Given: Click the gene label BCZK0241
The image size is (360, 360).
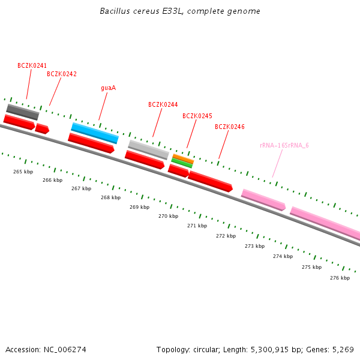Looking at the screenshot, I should pos(32,65).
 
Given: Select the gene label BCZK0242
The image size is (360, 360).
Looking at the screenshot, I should pos(62,74).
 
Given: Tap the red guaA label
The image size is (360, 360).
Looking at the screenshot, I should pos(108,88).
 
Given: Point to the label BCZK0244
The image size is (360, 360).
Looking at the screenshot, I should pos(163,104).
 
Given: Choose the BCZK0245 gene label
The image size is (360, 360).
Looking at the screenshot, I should pos(197,116).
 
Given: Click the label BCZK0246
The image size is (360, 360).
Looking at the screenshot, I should pos(230,127).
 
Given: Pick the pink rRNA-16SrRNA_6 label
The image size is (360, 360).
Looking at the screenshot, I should pos(284,145).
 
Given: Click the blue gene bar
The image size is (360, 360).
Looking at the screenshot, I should pos(95,133).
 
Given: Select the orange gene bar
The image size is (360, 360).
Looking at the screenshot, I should pos(183,158).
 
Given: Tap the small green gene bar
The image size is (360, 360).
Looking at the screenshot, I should pos(182,163).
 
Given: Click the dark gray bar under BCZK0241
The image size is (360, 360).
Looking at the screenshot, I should pos(23,112).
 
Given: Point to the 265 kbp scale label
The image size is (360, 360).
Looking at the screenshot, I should pos(23,172).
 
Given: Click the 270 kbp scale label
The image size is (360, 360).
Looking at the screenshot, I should pos(168,216).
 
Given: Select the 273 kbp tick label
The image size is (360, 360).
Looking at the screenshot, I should pos(254,246).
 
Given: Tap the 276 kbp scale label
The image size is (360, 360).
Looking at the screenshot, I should pos(340,278).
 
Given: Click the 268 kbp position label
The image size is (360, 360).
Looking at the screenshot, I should pos(110,197).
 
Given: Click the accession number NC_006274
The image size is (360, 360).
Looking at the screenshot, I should pos(65,349).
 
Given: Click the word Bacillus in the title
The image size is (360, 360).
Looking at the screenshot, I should pos(113,11).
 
